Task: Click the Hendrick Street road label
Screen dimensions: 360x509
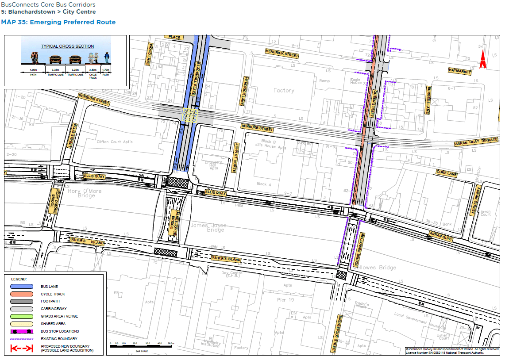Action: click(x=282, y=54)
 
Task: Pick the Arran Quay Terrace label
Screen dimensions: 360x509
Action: click(x=476, y=142)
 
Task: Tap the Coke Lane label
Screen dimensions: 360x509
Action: click(x=446, y=174)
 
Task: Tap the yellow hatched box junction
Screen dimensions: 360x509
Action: click(x=191, y=115)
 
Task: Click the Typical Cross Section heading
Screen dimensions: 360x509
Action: click(x=67, y=46)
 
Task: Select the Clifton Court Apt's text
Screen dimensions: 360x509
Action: click(x=115, y=142)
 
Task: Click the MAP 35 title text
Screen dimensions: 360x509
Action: click(x=58, y=22)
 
